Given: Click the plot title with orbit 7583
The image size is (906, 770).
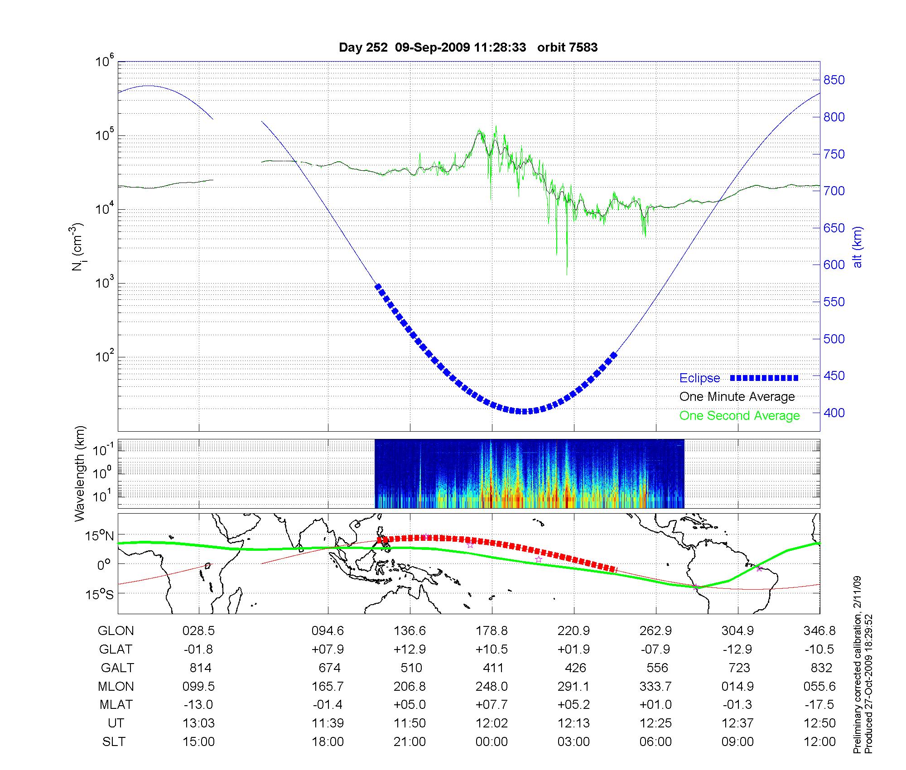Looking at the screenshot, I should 468,48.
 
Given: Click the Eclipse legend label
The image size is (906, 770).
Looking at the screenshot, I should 699,378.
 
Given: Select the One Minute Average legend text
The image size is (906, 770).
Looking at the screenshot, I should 737,397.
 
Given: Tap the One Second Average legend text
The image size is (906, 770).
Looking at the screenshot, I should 739,416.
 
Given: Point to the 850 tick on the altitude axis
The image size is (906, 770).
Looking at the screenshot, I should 834,80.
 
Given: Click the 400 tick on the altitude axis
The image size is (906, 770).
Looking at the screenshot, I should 834,413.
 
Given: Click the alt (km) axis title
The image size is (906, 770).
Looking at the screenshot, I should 858,247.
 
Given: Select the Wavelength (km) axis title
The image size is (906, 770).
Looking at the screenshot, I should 81,474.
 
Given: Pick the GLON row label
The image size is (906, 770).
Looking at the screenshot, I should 116,631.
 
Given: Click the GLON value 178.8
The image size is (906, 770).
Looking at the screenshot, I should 492,631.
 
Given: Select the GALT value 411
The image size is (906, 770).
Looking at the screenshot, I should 493,668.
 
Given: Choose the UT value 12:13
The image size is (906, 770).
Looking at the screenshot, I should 574,723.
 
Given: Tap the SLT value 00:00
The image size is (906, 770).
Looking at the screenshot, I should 492,742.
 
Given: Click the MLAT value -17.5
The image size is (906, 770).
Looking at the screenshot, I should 819,705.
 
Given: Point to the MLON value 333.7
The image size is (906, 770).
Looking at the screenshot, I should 655,686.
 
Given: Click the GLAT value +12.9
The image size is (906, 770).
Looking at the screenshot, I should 410,650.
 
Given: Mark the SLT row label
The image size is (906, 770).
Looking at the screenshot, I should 114,742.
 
